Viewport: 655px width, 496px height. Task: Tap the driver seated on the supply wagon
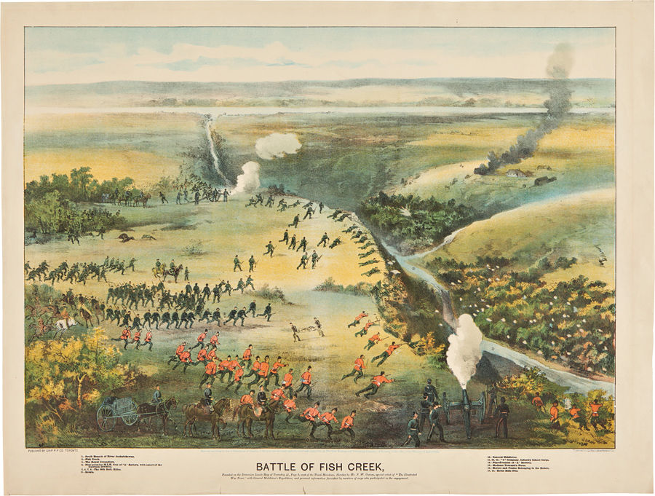[156, 397]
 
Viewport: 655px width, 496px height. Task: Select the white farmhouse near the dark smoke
[517, 173]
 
